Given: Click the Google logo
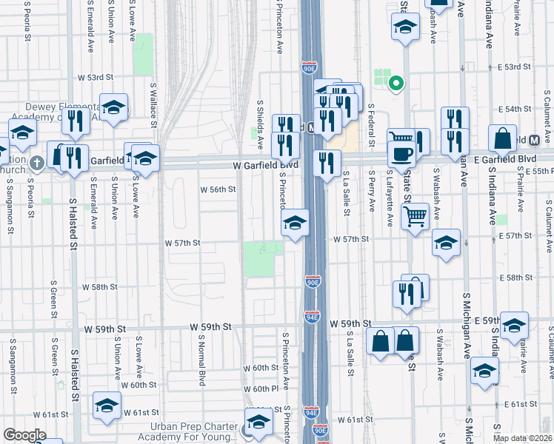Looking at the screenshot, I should click(x=24, y=435).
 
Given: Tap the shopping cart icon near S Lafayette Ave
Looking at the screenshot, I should click(x=415, y=217).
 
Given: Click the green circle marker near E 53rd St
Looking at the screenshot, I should click(x=396, y=83).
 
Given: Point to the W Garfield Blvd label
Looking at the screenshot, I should click(x=265, y=166).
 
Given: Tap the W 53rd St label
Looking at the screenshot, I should click(x=96, y=77).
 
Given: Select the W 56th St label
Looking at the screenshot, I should click(x=218, y=189).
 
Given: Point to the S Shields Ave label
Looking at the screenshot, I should click(x=260, y=122).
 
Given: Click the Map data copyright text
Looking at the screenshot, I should click(x=522, y=438).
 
